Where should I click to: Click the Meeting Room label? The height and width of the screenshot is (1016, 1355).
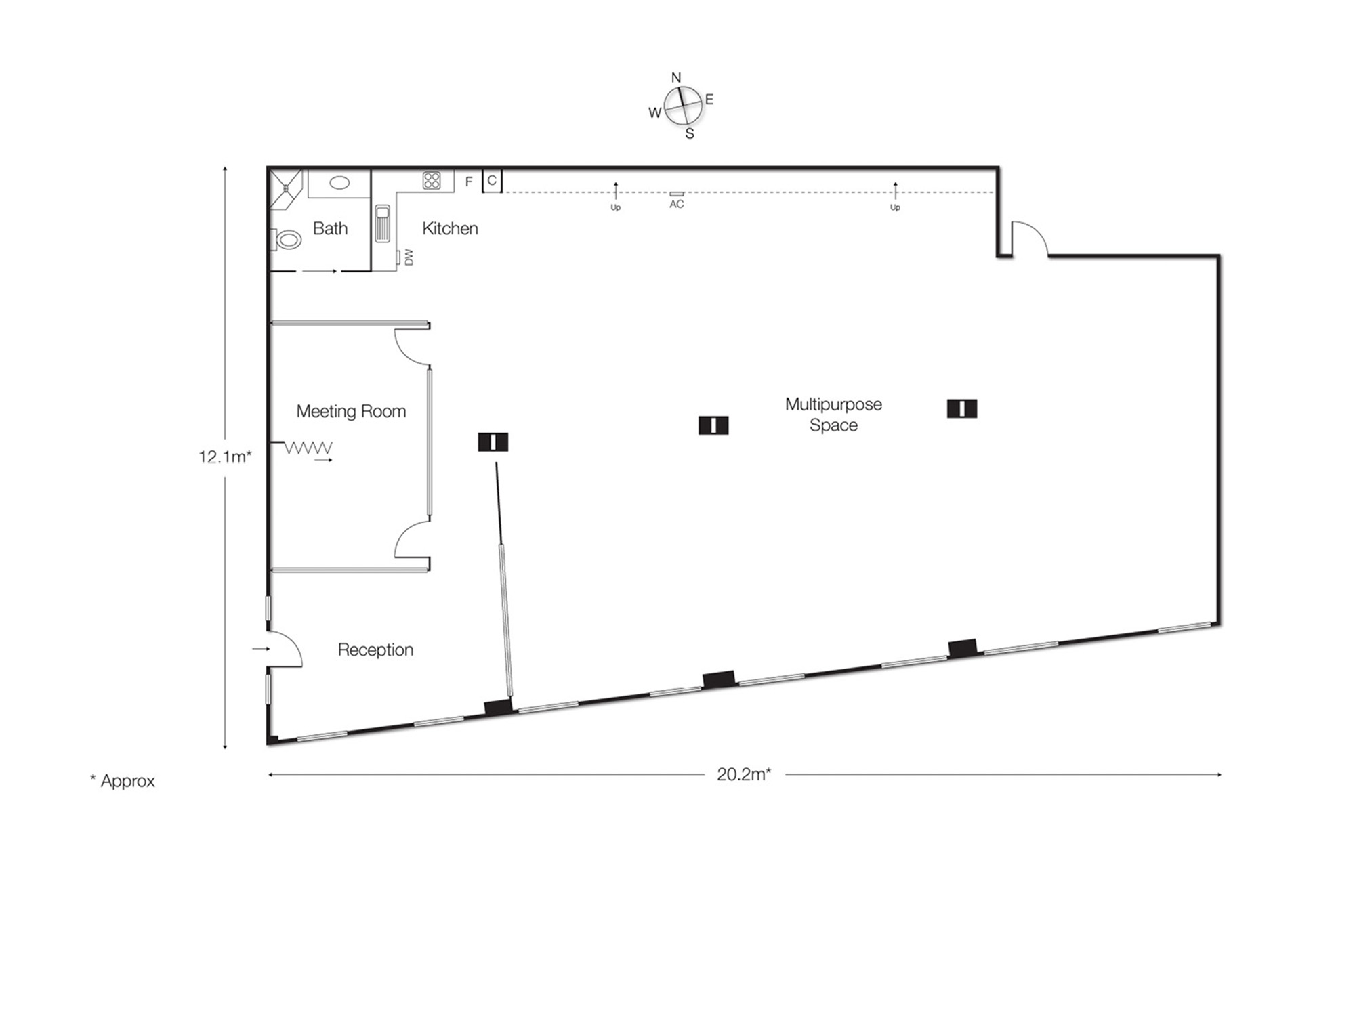[x=351, y=411]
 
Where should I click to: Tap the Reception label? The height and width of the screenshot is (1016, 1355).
[x=375, y=650]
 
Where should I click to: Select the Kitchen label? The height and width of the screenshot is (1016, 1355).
[x=450, y=228]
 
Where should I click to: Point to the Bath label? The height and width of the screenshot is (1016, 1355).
[x=330, y=228]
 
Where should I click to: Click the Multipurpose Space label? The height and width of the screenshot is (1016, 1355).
[x=833, y=415]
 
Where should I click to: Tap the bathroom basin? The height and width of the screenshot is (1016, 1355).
[x=339, y=183]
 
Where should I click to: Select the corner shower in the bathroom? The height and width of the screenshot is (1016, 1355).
[x=285, y=187]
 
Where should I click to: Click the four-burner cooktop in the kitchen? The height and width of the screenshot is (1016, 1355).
[x=432, y=180]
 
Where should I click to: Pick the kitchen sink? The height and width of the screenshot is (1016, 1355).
[x=383, y=223]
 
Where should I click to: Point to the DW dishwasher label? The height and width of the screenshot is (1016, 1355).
[x=409, y=257]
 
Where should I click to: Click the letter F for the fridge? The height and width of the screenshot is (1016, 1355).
[x=468, y=182]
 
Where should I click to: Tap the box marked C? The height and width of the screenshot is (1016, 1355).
[x=492, y=181]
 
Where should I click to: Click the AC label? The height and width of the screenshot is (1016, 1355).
[x=676, y=204]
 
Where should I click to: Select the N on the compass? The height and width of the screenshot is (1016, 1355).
[x=675, y=78]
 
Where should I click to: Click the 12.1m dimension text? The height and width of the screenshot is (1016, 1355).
[x=225, y=457]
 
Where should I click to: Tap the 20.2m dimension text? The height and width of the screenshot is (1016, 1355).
[x=744, y=774]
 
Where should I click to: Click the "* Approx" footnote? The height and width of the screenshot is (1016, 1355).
[x=123, y=781]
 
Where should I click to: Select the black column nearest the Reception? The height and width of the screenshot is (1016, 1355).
[x=493, y=442]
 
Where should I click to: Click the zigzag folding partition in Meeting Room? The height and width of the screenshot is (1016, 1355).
[x=308, y=448]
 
